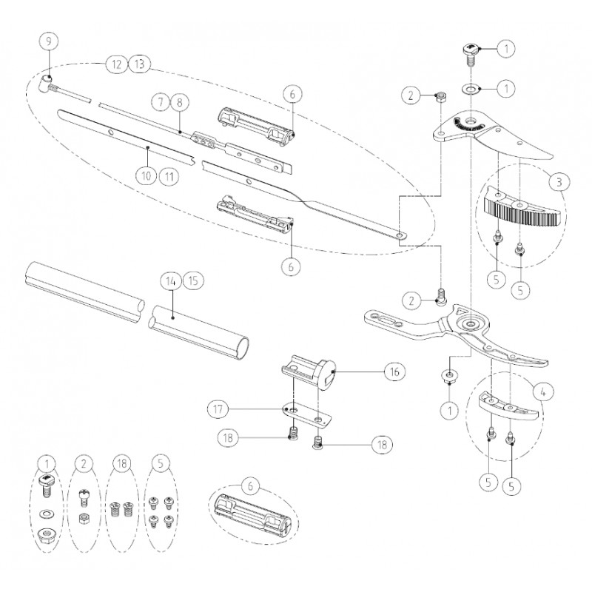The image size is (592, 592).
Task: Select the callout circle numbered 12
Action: (x=115, y=64)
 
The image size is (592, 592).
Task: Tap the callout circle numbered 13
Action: (x=138, y=64)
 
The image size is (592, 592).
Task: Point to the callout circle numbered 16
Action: (x=394, y=372)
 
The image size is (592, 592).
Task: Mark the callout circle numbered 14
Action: (x=172, y=280)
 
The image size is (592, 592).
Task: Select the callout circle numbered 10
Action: (x=146, y=175)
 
